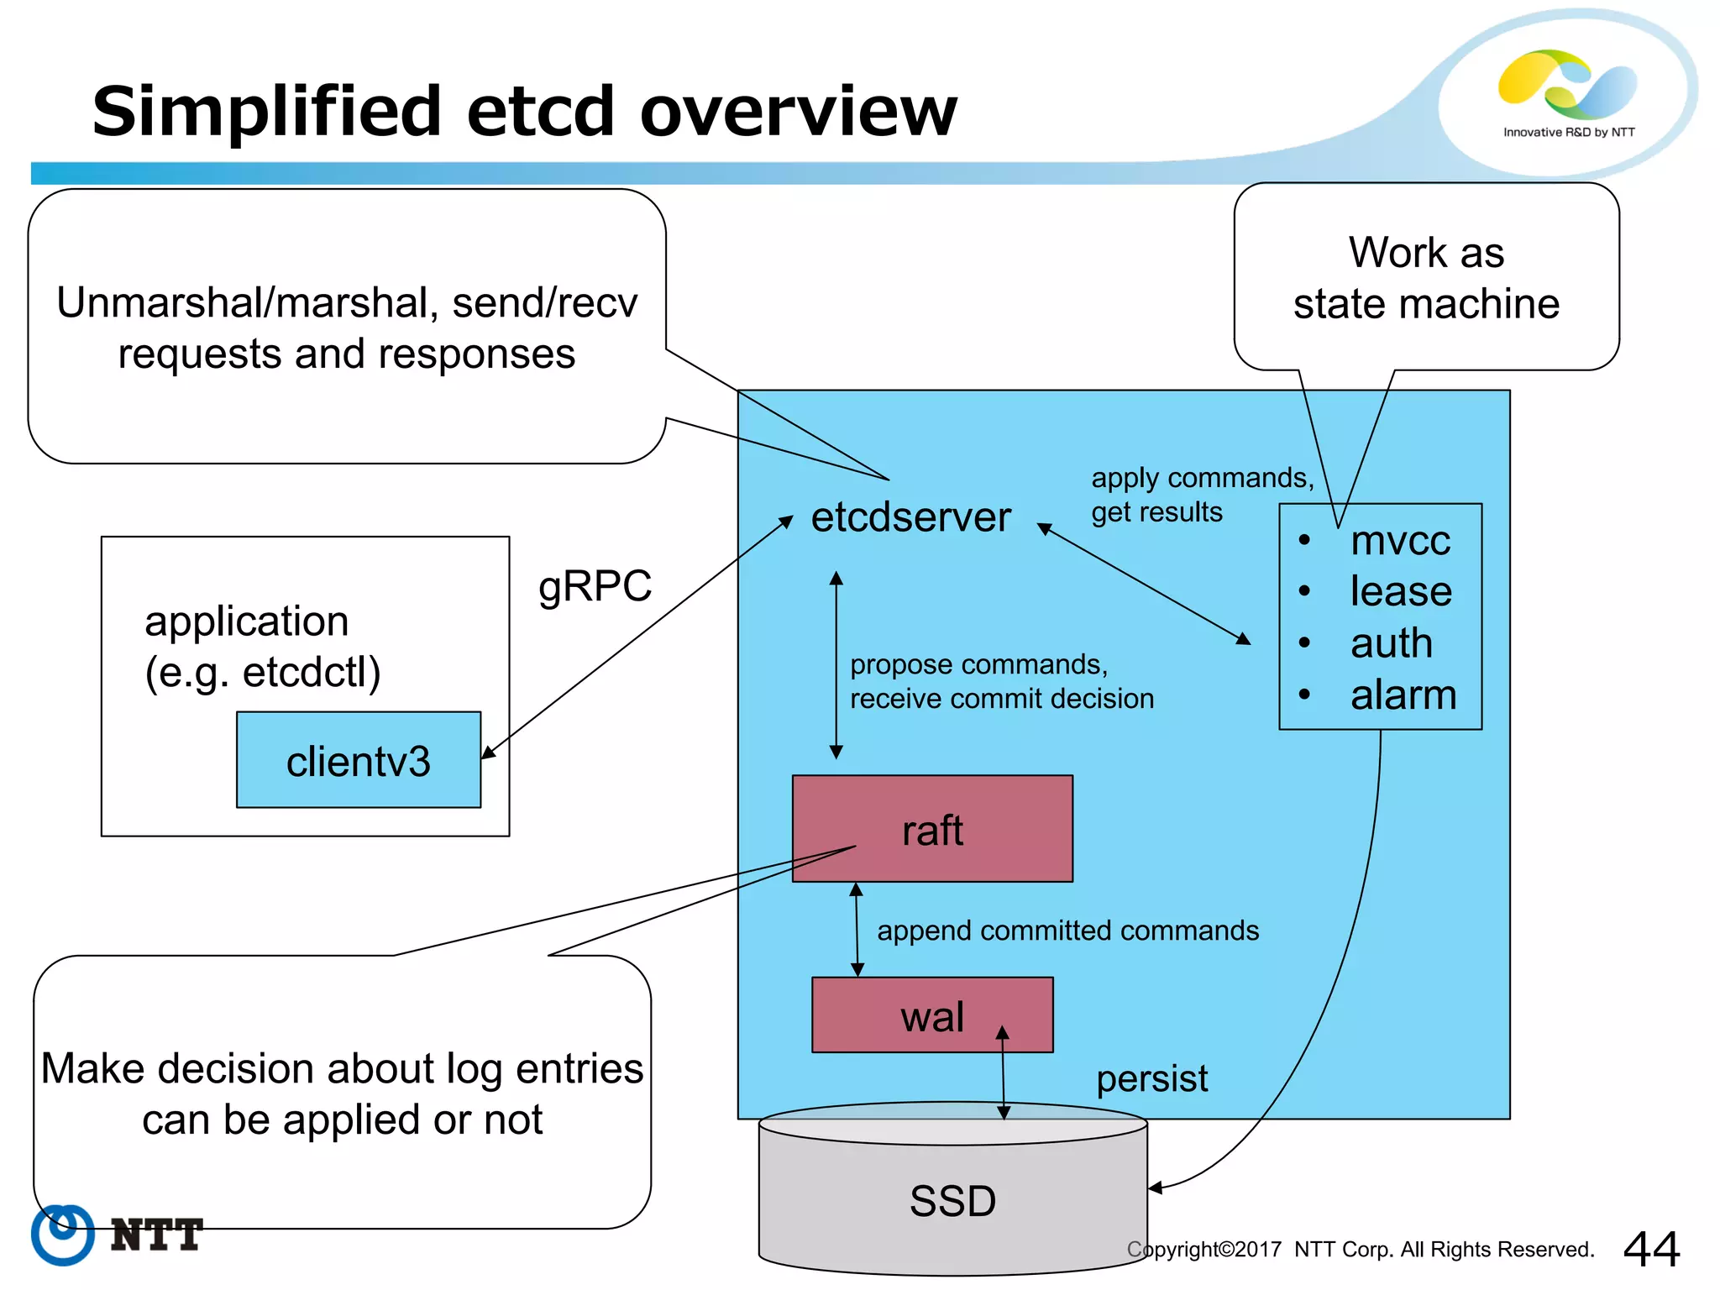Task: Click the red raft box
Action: [x=932, y=829]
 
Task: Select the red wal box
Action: [x=931, y=1015]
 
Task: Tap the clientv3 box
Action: [x=359, y=761]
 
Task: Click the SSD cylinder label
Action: [x=952, y=1200]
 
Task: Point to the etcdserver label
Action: [x=910, y=517]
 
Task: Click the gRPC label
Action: [x=595, y=585]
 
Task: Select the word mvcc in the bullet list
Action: [x=1400, y=540]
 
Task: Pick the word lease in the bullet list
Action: [x=1401, y=591]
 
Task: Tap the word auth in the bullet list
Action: [x=1391, y=643]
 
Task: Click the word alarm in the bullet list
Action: [x=1403, y=695]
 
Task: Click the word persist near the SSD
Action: [x=1151, y=1078]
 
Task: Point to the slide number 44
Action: [x=1651, y=1249]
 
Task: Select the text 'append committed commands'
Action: [x=1067, y=931]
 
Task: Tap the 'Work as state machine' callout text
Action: [x=1426, y=278]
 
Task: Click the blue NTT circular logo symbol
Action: [x=62, y=1234]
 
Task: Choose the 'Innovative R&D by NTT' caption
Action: [x=1569, y=132]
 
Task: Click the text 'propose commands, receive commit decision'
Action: [x=1001, y=681]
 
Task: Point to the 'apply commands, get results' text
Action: [x=1201, y=495]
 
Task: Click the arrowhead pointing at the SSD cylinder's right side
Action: [x=1156, y=1188]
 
